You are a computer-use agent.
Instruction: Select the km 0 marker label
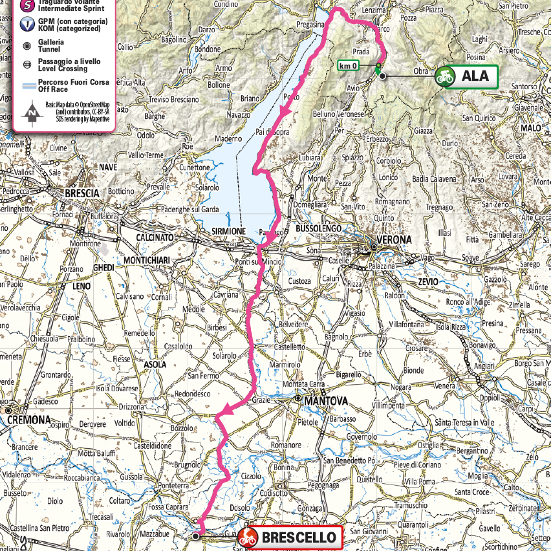pos(349,65)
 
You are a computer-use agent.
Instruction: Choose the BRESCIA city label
pos(82,193)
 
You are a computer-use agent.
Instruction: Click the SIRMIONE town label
pos(228,231)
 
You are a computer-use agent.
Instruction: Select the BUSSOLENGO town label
pos(318,228)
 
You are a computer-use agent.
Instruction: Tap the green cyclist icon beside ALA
pos(444,76)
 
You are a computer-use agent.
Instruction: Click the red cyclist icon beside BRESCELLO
pos(248,537)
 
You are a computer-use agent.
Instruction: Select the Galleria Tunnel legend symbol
pos(27,45)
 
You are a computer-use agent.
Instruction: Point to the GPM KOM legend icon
pos(27,25)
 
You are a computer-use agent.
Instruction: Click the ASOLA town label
pos(155,365)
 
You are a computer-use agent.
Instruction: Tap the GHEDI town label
pos(103,268)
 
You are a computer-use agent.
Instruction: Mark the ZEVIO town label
pos(427,282)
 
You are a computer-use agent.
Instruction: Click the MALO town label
pos(530,128)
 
